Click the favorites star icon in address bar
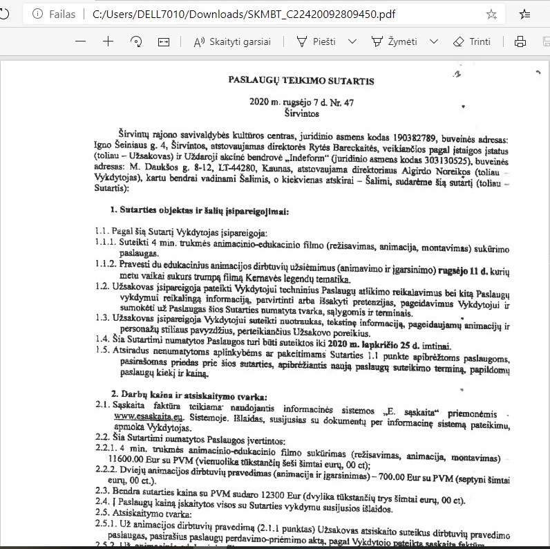pyautogui.click(x=491, y=14)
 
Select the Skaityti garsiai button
pyautogui.click(x=232, y=41)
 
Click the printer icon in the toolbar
pyautogui.click(x=520, y=41)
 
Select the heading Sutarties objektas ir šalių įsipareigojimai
pyautogui.click(x=200, y=211)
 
